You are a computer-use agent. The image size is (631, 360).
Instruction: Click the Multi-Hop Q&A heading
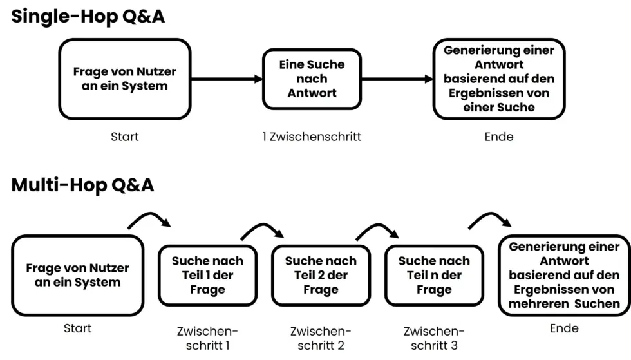click(x=83, y=185)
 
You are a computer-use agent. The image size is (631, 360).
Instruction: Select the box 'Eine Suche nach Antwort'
click(x=312, y=79)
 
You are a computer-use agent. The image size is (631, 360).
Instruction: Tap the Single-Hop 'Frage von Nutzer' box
click(x=124, y=79)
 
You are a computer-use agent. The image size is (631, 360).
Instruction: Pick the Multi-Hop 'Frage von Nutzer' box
click(x=77, y=275)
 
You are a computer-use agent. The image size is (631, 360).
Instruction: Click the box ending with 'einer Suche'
click(x=498, y=79)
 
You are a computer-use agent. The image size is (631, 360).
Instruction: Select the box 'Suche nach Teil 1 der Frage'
click(x=207, y=276)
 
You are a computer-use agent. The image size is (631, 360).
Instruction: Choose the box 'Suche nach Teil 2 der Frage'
click(x=321, y=276)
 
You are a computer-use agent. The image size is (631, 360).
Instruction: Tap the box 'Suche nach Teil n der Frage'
click(x=433, y=276)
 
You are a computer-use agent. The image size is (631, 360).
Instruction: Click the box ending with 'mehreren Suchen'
click(x=564, y=275)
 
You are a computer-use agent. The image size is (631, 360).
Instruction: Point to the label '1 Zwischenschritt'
click(x=312, y=137)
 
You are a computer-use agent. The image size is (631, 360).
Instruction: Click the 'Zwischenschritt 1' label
click(x=207, y=338)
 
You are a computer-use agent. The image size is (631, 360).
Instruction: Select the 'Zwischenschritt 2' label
click(x=321, y=338)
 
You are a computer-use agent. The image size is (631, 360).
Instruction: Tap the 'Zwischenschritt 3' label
click(x=433, y=338)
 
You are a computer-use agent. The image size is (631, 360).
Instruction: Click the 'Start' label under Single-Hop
click(x=124, y=137)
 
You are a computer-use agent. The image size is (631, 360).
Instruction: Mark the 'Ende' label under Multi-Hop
click(x=564, y=328)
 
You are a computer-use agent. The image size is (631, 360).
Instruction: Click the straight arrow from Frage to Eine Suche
click(x=227, y=79)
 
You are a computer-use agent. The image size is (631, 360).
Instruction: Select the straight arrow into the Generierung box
click(x=397, y=79)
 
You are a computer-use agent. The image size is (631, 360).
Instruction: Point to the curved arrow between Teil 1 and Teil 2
click(x=263, y=230)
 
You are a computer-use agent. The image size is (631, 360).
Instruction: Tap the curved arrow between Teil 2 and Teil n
click(x=377, y=230)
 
